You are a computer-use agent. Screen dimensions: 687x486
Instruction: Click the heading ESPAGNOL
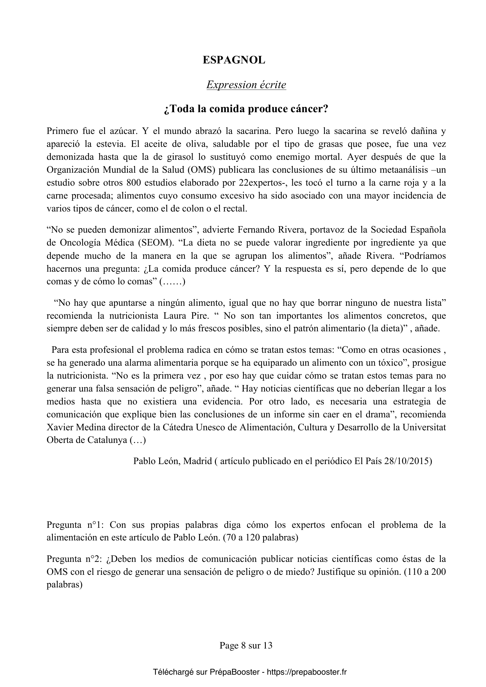coord(234,61)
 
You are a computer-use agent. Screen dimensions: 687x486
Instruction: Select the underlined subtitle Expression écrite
coord(246,85)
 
